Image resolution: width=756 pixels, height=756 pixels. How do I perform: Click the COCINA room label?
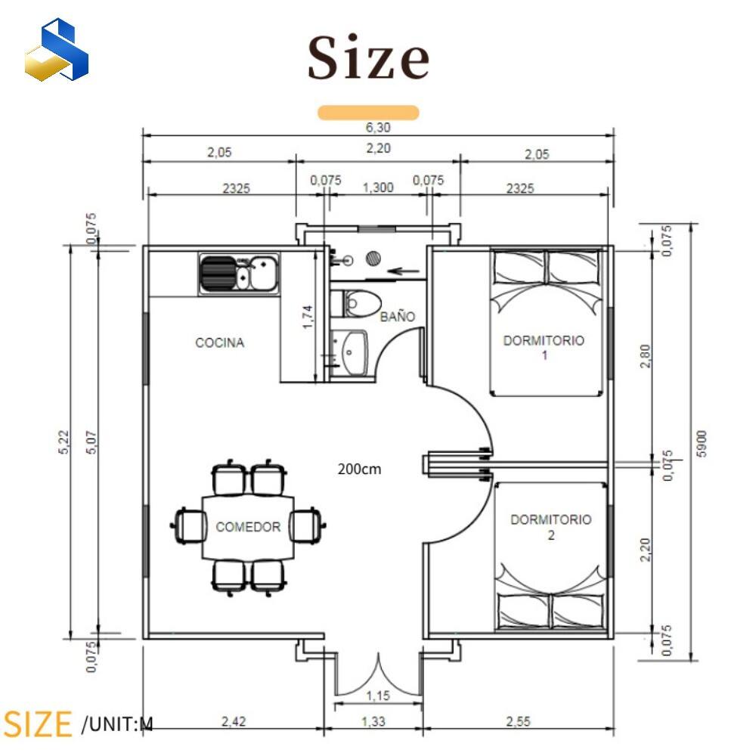pos(220,342)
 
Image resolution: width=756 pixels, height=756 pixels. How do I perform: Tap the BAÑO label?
pos(398,317)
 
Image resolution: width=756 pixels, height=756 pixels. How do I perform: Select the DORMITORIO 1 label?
pos(544,348)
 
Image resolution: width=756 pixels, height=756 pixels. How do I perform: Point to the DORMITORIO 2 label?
pos(551,527)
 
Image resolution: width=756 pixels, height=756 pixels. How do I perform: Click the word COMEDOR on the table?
pos(248,527)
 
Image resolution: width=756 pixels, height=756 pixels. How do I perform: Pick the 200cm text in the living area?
pos(359,469)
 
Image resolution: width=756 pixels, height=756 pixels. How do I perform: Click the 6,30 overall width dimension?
pos(378,127)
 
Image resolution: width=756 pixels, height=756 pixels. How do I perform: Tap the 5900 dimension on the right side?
pos(702,444)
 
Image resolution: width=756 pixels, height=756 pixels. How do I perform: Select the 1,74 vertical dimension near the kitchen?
pos(308,317)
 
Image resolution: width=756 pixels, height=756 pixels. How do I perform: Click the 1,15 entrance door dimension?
pos(378,696)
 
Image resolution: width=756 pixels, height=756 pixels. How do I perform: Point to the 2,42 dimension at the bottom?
pos(234,721)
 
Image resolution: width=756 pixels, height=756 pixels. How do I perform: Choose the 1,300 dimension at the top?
pos(378,187)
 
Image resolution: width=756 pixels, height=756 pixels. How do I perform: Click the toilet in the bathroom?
pos(356,303)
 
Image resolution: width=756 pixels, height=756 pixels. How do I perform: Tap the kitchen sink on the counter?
pos(239,273)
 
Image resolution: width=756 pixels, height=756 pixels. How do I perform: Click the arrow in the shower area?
pos(403,271)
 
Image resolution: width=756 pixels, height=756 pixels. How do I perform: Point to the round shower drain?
pos(373,259)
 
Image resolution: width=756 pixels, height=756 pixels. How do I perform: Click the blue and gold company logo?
pos(57,49)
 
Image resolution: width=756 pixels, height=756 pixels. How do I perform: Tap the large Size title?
pos(368,57)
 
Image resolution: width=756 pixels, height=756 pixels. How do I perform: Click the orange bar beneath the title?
pos(368,113)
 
